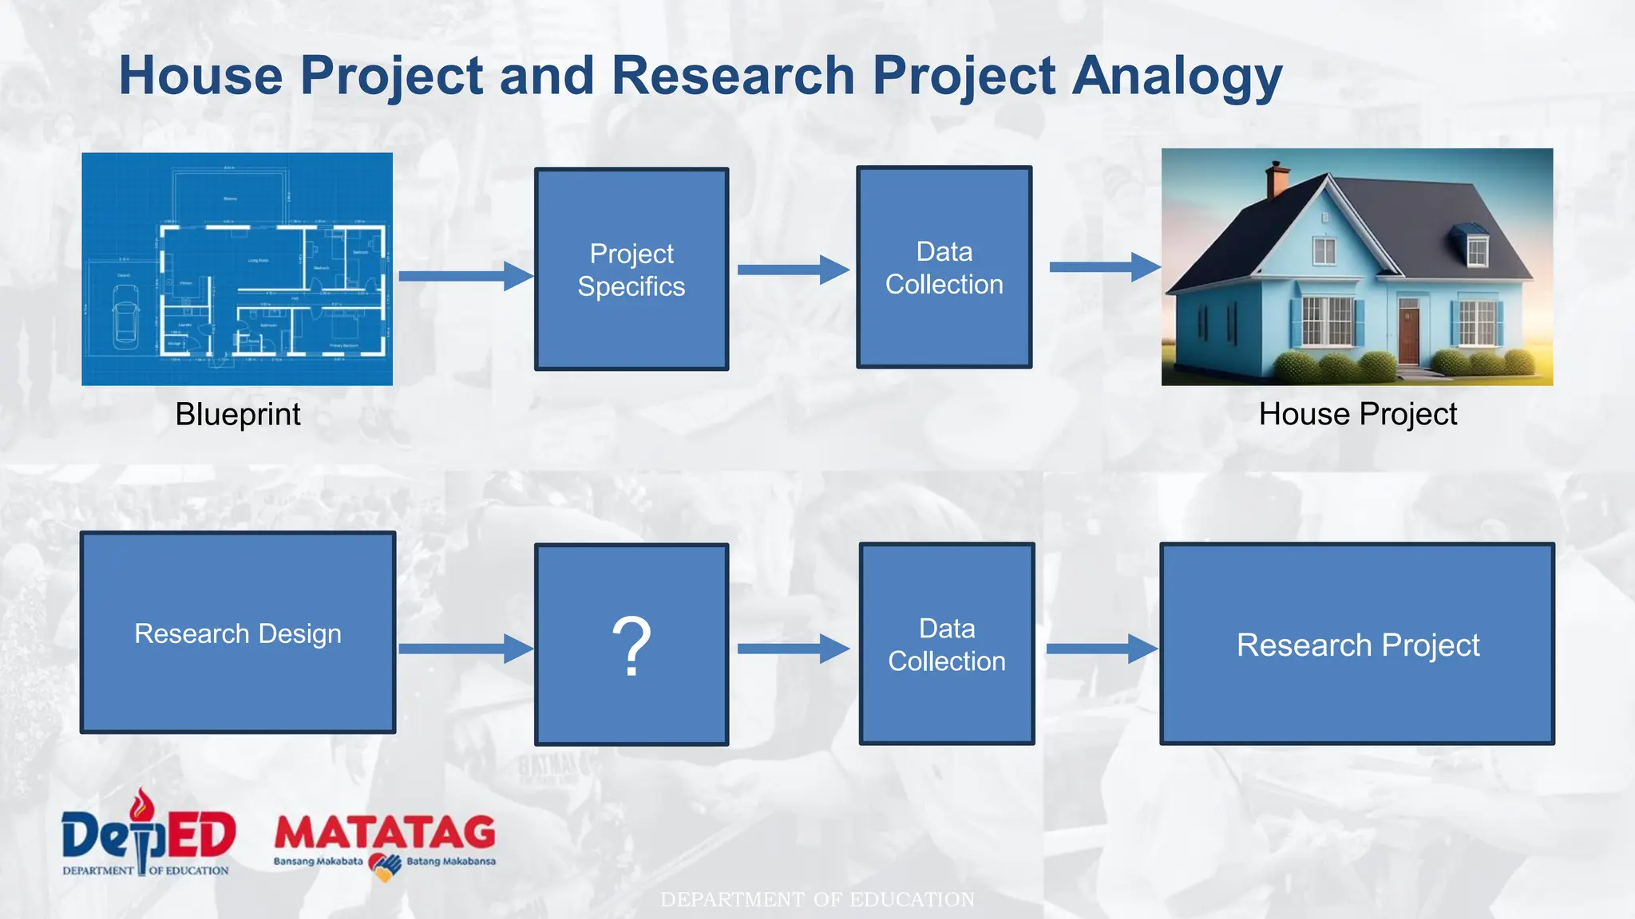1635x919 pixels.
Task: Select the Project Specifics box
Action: click(631, 269)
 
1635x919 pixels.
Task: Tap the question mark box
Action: click(631, 645)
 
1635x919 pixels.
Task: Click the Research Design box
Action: click(238, 633)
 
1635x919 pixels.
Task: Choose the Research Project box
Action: click(1357, 644)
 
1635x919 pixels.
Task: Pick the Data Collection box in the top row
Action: click(944, 267)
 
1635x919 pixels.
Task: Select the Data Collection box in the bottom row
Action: click(947, 644)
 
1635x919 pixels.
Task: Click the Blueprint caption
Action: click(238, 415)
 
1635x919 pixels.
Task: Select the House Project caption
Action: click(1357, 415)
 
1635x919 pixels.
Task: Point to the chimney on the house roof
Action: click(1277, 179)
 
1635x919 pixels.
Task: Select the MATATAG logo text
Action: click(385, 834)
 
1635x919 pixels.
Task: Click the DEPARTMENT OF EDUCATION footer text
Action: click(817, 900)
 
